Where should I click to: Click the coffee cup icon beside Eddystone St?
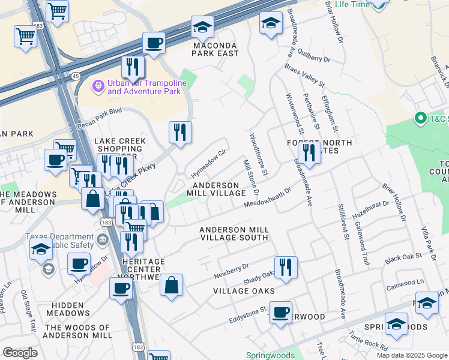(x=280, y=313)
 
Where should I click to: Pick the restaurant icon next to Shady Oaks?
(x=286, y=267)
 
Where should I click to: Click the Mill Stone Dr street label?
(x=251, y=177)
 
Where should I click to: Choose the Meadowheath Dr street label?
(x=267, y=198)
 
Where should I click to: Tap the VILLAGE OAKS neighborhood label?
(x=244, y=291)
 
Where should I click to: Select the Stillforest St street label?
(x=343, y=221)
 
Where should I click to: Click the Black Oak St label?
(x=403, y=258)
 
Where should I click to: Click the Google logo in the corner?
(x=20, y=353)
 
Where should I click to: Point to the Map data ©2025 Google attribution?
(x=412, y=355)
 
